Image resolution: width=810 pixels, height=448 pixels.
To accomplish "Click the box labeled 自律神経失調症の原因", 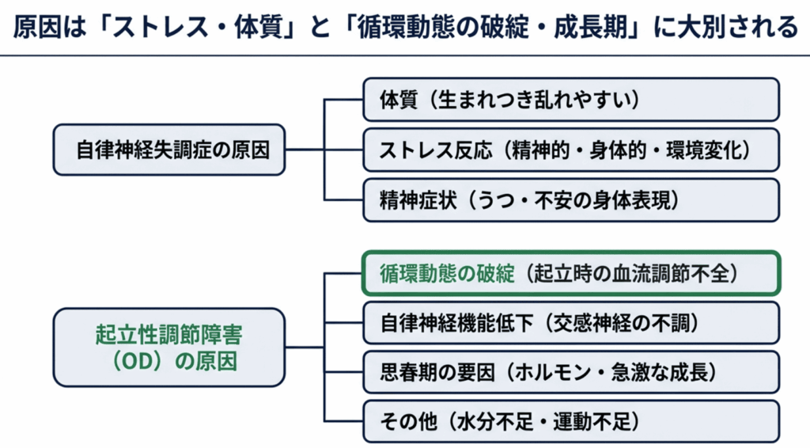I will pos(168,150).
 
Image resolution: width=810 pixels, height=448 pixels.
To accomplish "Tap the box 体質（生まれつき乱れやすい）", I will pos(570,99).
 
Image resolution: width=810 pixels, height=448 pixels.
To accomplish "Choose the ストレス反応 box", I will pos(570,150).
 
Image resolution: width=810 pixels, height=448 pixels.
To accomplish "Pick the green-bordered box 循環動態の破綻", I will pos(570,273).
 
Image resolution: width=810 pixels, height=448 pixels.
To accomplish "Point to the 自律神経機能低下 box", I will pos(570,323).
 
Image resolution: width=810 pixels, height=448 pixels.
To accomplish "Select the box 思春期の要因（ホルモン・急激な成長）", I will pos(570,372).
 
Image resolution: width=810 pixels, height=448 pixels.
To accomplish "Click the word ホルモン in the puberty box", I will pos(581,372).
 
